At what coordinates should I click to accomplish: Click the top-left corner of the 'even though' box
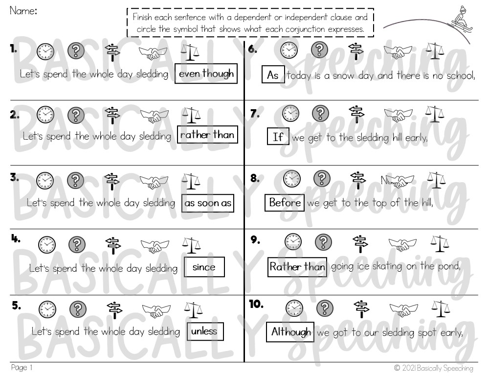[175, 64]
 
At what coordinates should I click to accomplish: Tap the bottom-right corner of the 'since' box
[224, 277]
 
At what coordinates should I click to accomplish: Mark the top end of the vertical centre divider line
[244, 42]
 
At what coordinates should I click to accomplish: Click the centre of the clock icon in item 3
[45, 180]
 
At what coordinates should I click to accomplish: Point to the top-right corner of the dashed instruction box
[374, 8]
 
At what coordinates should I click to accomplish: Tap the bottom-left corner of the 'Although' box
[266, 342]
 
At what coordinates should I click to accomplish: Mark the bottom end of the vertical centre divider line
[244, 362]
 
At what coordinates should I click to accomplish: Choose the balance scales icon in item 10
[441, 309]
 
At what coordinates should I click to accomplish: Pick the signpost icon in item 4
[113, 245]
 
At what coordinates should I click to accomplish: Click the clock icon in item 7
[290, 113]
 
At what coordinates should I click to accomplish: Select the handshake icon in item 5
[156, 310]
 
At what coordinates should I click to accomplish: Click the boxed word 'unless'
[204, 331]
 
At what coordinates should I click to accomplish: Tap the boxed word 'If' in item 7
[278, 137]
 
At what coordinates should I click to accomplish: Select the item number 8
[255, 178]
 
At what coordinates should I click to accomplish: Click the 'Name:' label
[23, 11]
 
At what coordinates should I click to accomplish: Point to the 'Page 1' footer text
[22, 368]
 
